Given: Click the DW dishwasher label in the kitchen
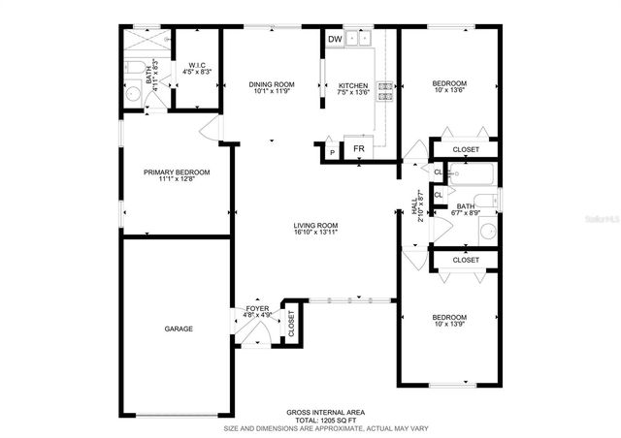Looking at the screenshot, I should [x=335, y=40].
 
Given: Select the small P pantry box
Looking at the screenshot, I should [x=332, y=152].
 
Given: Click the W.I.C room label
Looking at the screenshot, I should [x=196, y=66].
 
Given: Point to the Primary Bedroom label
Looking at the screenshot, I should [x=177, y=172].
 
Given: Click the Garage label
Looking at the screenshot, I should [x=178, y=328].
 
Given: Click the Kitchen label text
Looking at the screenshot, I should [x=352, y=85].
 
